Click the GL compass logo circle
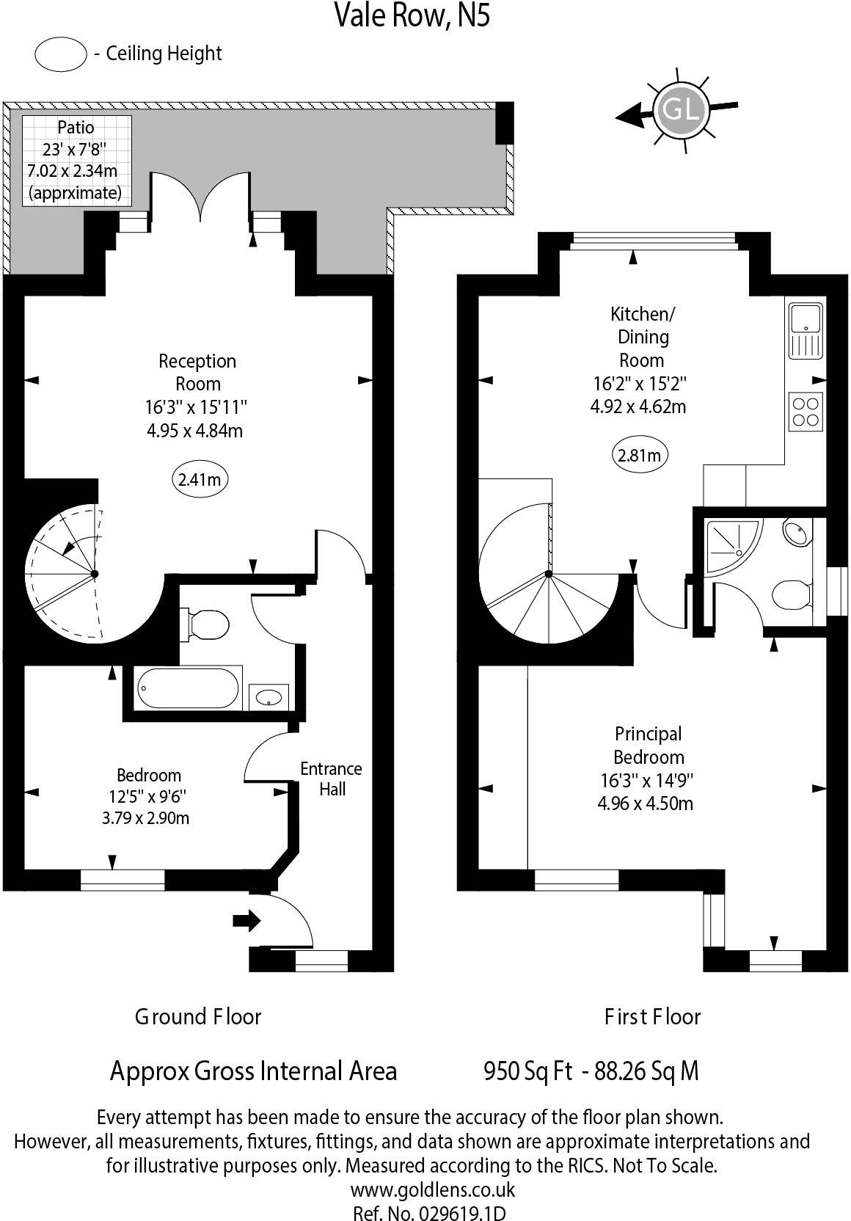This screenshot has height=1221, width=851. pyautogui.click(x=681, y=110)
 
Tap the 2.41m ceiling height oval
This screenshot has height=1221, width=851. pyautogui.click(x=199, y=480)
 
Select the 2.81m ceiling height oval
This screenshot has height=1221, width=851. pyautogui.click(x=640, y=455)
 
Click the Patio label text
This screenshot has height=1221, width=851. pyautogui.click(x=76, y=128)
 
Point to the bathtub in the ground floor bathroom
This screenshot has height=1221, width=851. pyautogui.click(x=189, y=689)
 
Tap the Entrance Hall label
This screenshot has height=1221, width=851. pyautogui.click(x=331, y=779)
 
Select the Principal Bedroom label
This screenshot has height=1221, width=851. pyautogui.click(x=649, y=745)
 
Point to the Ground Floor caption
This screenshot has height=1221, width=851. pyautogui.click(x=198, y=1017)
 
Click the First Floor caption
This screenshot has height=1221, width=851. pyautogui.click(x=652, y=1017)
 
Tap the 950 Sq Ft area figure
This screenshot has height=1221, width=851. pyautogui.click(x=527, y=1071)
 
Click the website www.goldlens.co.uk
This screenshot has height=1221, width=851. pyautogui.click(x=433, y=1189)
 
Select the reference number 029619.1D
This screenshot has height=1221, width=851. pyautogui.click(x=460, y=1212)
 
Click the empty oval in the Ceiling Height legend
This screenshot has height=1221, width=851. pyautogui.click(x=60, y=54)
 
